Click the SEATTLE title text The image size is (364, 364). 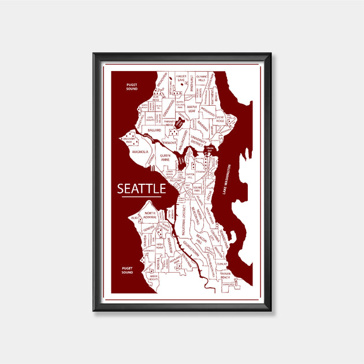tap(142, 189)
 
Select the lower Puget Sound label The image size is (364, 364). tap(128, 269)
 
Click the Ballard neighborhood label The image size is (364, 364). tap(154, 131)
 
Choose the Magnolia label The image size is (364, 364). tap(140, 152)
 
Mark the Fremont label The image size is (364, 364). tap(169, 142)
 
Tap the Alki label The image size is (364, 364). tap(135, 218)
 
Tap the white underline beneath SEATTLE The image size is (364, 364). tap(142, 198)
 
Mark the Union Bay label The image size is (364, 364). tap(210, 150)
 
